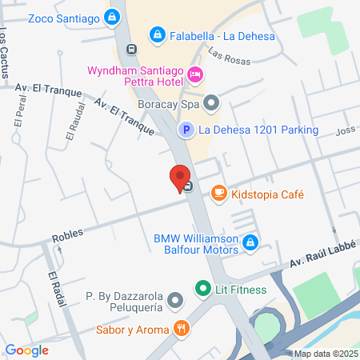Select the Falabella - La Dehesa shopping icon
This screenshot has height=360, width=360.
point(158,34)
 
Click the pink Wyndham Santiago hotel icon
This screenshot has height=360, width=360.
point(195,76)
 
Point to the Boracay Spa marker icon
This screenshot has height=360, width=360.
point(211,102)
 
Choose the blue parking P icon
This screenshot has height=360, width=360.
point(185,130)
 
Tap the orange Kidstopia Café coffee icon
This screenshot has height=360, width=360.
point(218,193)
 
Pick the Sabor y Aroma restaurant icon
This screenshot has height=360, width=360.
point(182,329)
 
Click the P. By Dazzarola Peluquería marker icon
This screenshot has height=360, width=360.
point(176,302)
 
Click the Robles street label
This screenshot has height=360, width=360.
point(68,238)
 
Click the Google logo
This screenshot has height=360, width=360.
point(26,350)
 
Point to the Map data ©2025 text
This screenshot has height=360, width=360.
point(325,354)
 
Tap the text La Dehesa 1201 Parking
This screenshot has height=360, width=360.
point(258,130)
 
